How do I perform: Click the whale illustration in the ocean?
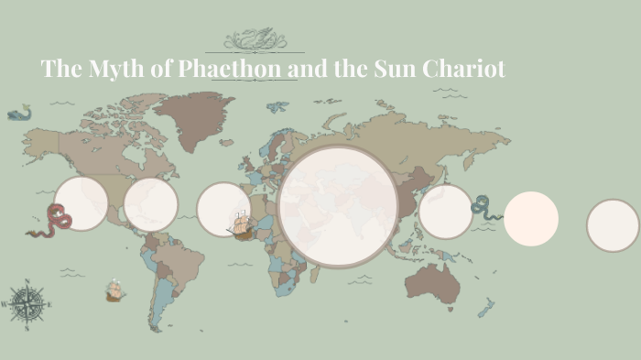pos(18,113)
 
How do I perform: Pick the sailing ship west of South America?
pos(114,291)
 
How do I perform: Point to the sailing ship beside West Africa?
pos(239,224)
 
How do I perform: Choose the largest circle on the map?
pos(338,206)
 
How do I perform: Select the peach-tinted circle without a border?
pos(531,219)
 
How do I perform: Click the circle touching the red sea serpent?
pos(81,203)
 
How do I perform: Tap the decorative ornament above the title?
pos(255,40)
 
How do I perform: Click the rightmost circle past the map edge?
pos(613,225)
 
